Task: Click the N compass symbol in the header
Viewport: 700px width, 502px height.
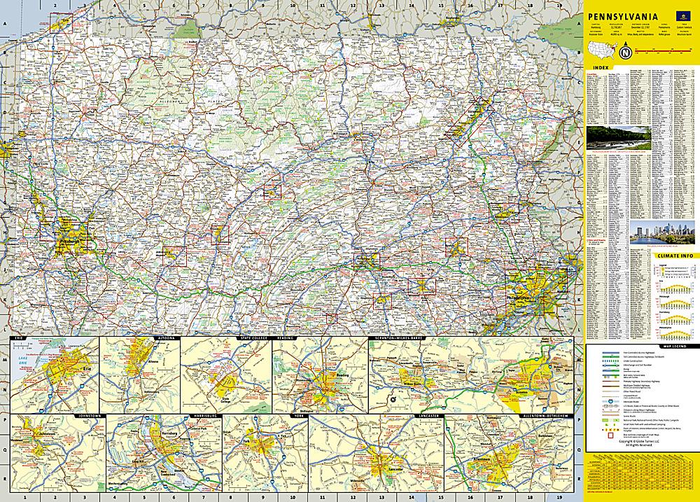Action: [x=625, y=53]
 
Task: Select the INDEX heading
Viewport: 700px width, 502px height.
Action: [x=599, y=69]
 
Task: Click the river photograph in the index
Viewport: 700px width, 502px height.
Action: [x=619, y=137]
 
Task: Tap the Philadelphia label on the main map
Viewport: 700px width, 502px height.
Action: [x=520, y=298]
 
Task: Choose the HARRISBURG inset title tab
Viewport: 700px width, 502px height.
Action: [x=201, y=416]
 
